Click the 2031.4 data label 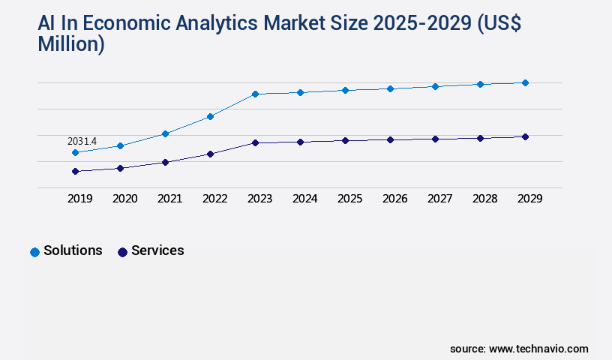point(82,141)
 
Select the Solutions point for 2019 point(75,152)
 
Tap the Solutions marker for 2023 point(255,94)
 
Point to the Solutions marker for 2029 point(525,82)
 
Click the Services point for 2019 point(75,171)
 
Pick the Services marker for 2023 point(255,142)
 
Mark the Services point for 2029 point(525,136)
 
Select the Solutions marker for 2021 point(165,133)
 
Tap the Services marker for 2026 point(390,139)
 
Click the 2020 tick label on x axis point(124,199)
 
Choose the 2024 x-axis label point(304,199)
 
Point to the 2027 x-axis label point(439,199)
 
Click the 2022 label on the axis point(214,199)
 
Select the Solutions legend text point(73,250)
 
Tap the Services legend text point(157,250)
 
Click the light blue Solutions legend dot point(34,252)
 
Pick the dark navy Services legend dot point(122,252)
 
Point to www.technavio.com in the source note point(538,349)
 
